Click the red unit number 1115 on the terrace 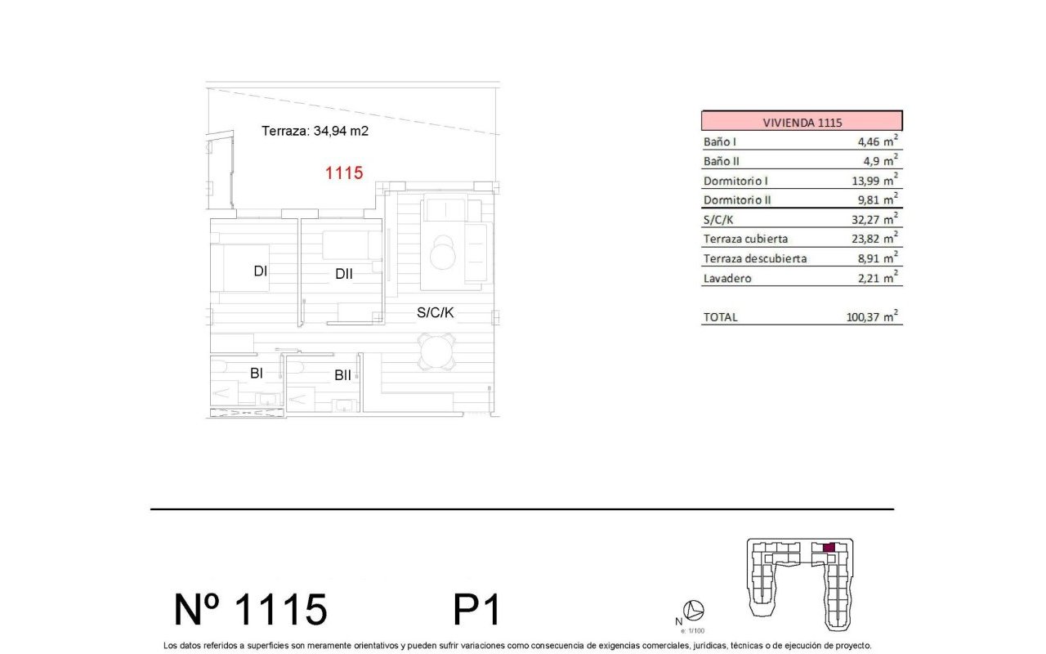coord(343,172)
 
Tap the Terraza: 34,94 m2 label coord(315,130)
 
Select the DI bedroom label coord(261,271)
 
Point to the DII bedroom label coord(343,274)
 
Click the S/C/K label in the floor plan coord(435,311)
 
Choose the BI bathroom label coord(256,374)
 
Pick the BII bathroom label coord(342,375)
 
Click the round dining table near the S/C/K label coord(435,352)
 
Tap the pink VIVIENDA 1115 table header coord(802,122)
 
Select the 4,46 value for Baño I coord(865,141)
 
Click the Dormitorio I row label coord(735,181)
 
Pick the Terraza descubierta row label coord(755,258)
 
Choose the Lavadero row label coord(727,278)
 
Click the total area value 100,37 coord(865,317)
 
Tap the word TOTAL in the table coord(720,317)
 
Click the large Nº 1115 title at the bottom coord(251,610)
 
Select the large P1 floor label coord(476,610)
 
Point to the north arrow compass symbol coord(695,610)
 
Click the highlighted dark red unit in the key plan coord(828,548)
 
